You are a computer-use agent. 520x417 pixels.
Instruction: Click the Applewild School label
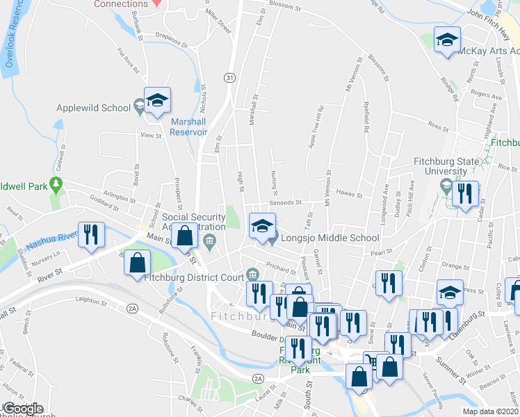point(93,108)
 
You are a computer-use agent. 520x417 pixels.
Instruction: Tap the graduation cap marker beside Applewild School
point(157,101)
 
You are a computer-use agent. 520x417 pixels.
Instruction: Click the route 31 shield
point(229,78)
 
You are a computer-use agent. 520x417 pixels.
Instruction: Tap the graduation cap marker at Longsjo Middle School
point(262,226)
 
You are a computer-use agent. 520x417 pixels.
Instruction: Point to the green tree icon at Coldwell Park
point(56,186)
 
